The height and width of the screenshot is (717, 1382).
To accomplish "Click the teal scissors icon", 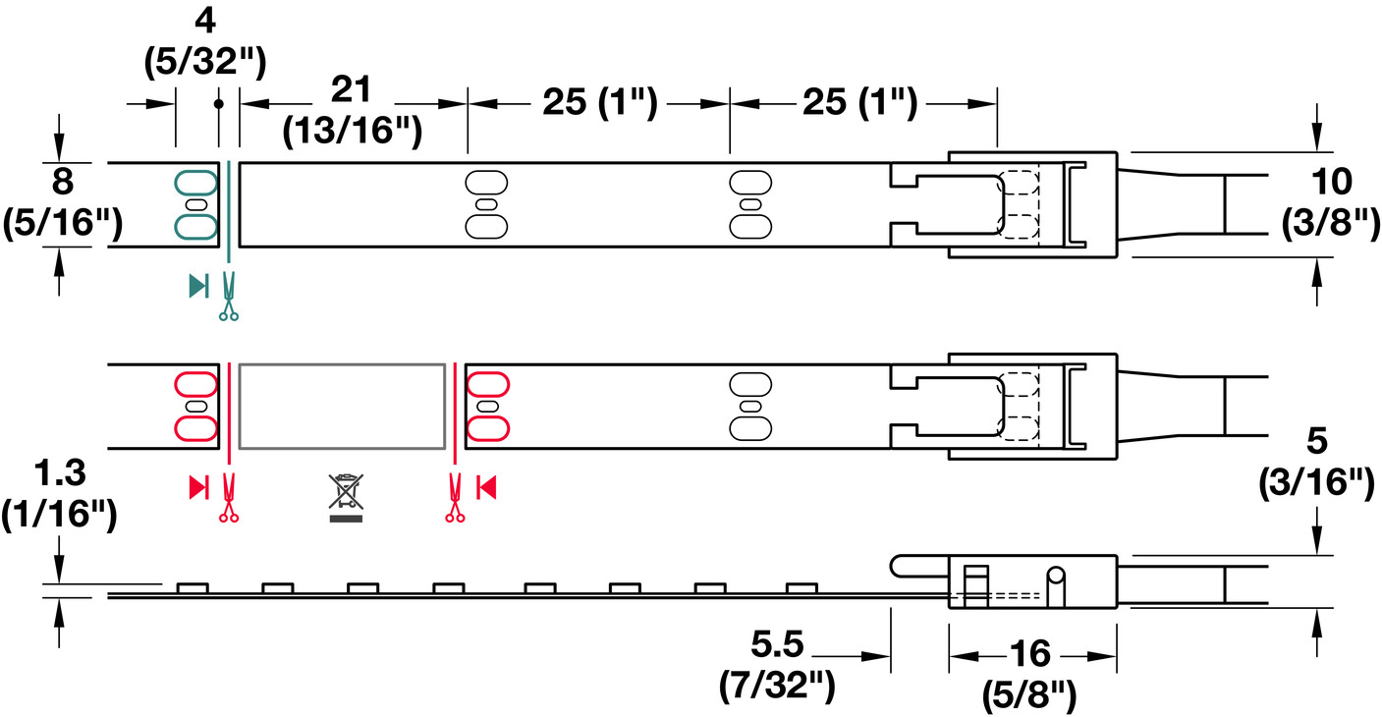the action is click(228, 297).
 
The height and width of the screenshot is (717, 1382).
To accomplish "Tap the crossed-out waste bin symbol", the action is click(346, 498).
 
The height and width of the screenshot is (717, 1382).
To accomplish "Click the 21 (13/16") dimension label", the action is click(353, 110).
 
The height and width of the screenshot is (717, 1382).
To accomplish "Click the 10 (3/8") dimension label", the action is click(1331, 201).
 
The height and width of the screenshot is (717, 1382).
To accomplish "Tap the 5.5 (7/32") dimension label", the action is click(777, 665).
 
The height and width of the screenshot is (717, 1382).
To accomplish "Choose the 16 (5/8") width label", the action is click(1029, 674).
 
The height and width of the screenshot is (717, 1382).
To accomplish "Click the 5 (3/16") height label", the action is click(1316, 461).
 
